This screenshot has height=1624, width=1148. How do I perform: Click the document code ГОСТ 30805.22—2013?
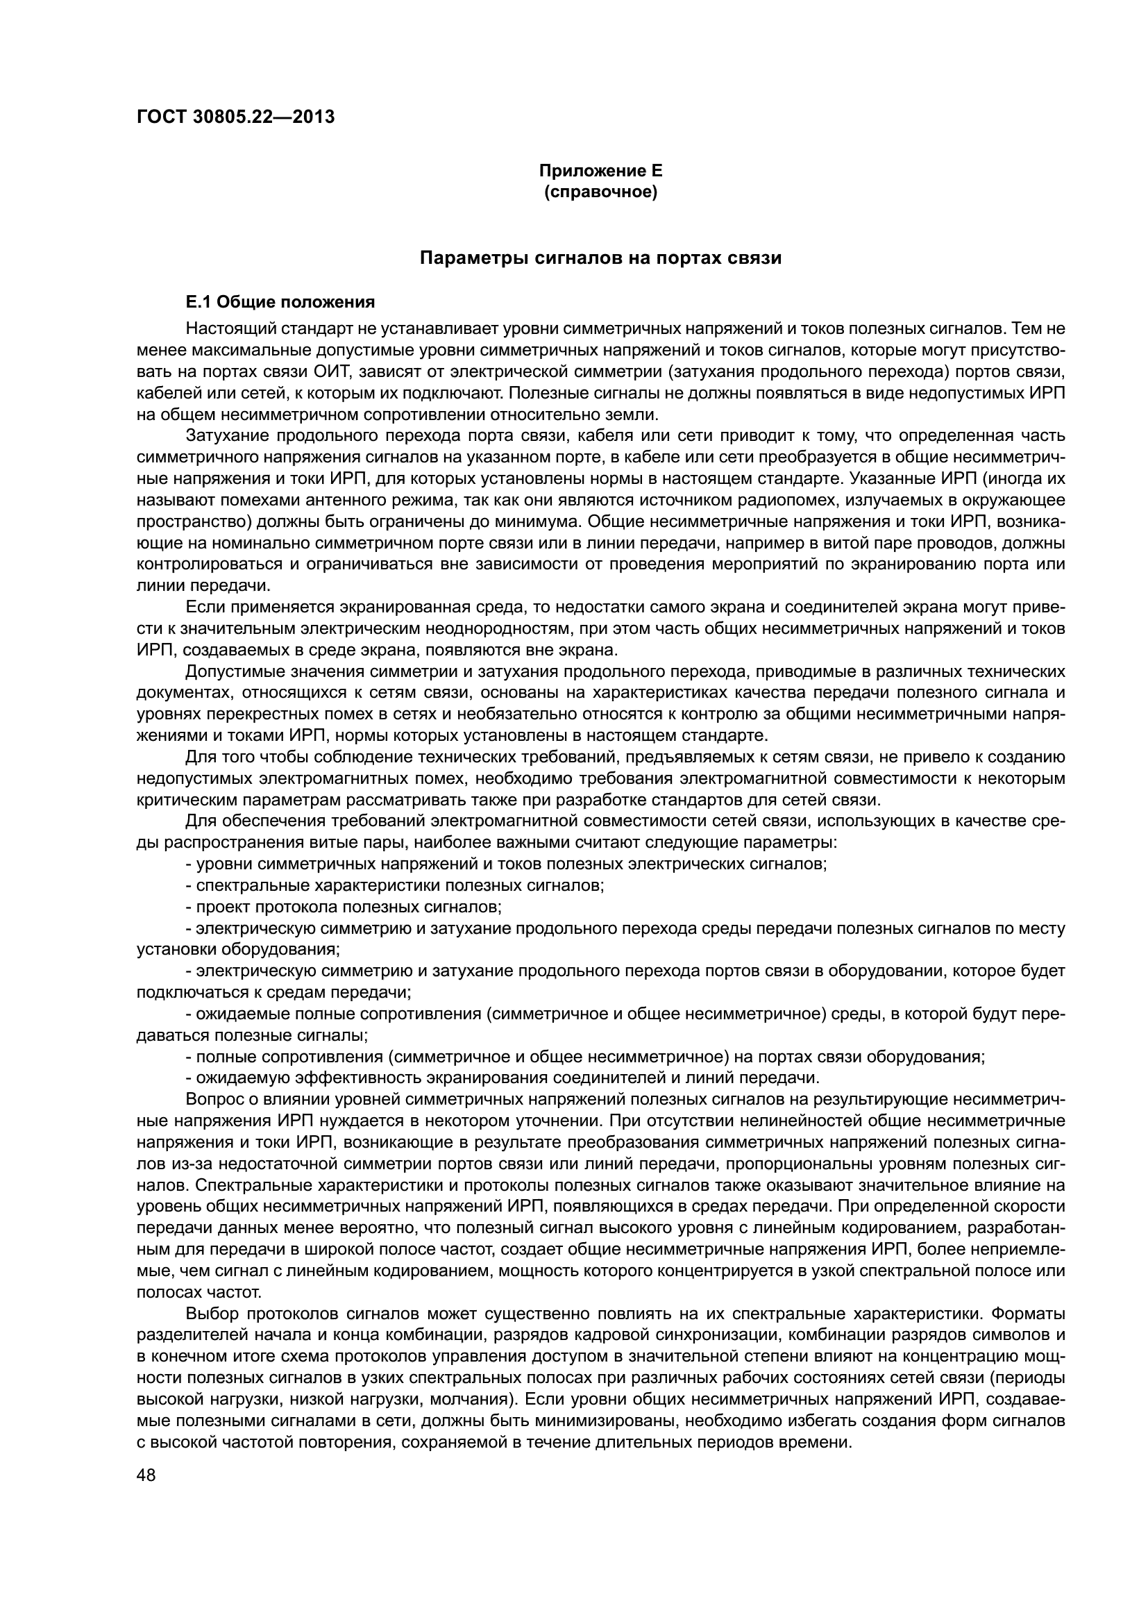point(235,117)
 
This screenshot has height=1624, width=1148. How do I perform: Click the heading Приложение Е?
point(600,171)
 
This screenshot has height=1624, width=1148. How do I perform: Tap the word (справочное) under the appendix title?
point(600,192)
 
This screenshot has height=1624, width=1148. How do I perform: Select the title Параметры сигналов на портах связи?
point(600,258)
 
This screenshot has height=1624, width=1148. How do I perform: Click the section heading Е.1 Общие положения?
point(280,303)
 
